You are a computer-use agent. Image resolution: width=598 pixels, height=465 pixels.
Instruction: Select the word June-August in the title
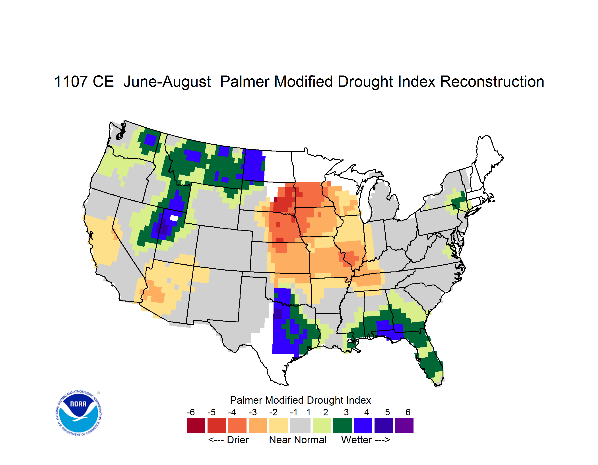pyautogui.click(x=167, y=81)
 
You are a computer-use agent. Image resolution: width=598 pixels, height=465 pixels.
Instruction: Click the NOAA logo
pyautogui.click(x=79, y=413)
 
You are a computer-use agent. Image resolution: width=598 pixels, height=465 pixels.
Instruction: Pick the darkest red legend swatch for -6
pyautogui.click(x=196, y=425)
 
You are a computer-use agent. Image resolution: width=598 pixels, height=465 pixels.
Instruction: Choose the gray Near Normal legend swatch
pyautogui.click(x=300, y=425)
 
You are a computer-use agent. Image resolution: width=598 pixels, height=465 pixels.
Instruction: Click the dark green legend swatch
pyautogui.click(x=342, y=425)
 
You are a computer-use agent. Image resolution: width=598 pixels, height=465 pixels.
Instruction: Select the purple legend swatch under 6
pyautogui.click(x=404, y=425)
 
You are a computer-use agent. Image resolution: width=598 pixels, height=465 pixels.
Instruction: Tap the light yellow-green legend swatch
pyautogui.click(x=322, y=425)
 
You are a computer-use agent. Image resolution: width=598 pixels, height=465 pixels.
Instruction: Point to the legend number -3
pyautogui.click(x=252, y=412)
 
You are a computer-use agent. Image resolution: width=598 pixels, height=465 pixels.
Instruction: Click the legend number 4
pyautogui.click(x=367, y=412)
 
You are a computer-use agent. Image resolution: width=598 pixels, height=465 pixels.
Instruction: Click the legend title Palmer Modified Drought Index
pyautogui.click(x=300, y=400)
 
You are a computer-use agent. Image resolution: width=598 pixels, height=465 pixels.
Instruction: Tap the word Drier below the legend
pyautogui.click(x=238, y=440)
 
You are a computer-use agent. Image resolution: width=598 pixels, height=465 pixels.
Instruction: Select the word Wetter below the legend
pyautogui.click(x=357, y=440)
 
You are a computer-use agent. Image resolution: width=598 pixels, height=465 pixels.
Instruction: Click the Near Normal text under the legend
pyautogui.click(x=298, y=440)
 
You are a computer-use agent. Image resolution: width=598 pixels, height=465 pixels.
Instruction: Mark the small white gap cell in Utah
pyautogui.click(x=174, y=218)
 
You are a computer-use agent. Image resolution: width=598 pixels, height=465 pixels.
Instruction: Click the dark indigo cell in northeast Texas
pyautogui.click(x=278, y=314)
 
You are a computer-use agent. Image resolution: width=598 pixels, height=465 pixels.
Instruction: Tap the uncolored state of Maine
pyautogui.click(x=487, y=159)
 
